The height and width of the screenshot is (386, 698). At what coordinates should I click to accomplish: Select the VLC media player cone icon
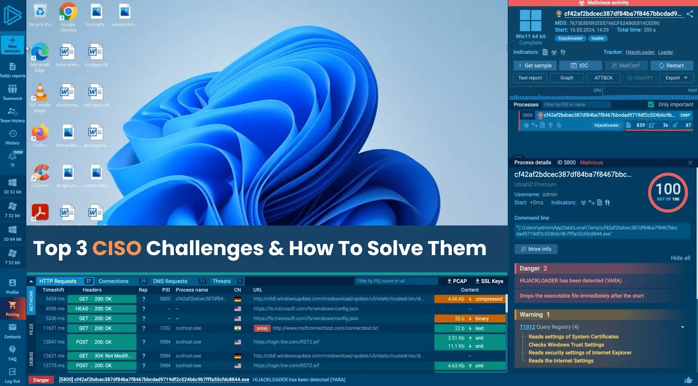[x=40, y=92]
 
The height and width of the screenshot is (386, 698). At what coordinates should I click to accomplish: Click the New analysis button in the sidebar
[x=13, y=45]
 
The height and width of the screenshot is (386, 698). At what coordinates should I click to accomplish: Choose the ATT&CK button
[x=603, y=78]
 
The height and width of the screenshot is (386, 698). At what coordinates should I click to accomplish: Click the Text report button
[x=530, y=78]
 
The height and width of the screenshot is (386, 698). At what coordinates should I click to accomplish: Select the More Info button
[x=536, y=249]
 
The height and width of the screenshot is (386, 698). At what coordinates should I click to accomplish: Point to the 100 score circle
[x=668, y=192]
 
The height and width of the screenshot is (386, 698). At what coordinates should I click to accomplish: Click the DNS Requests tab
[x=170, y=281]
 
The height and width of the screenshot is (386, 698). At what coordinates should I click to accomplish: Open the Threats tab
[x=222, y=281]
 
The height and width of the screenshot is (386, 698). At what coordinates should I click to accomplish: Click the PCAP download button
[x=457, y=281]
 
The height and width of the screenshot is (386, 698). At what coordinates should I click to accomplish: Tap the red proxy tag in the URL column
[x=262, y=328]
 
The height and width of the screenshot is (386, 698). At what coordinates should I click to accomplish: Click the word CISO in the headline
[x=116, y=248]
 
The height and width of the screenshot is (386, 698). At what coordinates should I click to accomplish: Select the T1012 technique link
[x=527, y=327]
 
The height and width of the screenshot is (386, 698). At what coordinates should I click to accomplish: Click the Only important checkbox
[x=651, y=105]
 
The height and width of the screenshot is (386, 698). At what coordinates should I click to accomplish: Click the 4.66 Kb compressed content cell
[x=470, y=299]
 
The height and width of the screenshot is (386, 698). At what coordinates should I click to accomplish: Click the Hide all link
[x=680, y=258]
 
